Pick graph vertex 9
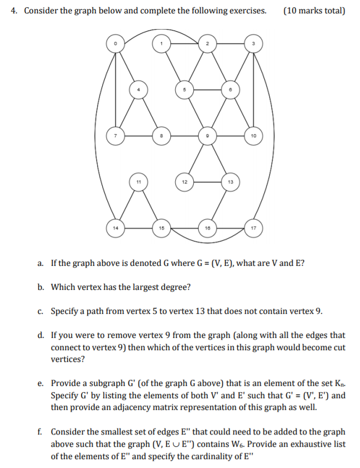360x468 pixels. tap(207, 135)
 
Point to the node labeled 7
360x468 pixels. tap(116, 135)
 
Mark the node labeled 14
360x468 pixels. tap(116, 227)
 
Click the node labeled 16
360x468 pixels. tap(207, 227)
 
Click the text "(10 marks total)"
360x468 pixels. tap(314, 11)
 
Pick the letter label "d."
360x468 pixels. tap(41, 336)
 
